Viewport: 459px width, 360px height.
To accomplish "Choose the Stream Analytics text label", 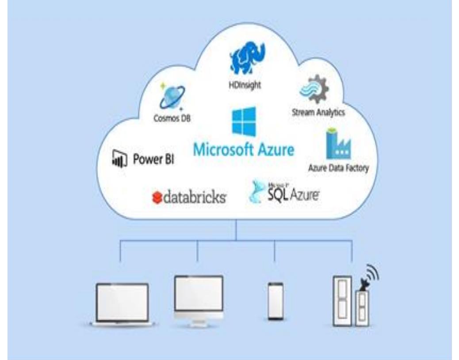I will point(318,112).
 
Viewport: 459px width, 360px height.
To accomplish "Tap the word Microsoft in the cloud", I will point(223,149).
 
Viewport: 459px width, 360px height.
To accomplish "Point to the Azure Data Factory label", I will point(338,168).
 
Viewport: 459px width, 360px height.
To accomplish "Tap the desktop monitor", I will point(199,296).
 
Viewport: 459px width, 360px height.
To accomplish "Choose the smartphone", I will point(275,300).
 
